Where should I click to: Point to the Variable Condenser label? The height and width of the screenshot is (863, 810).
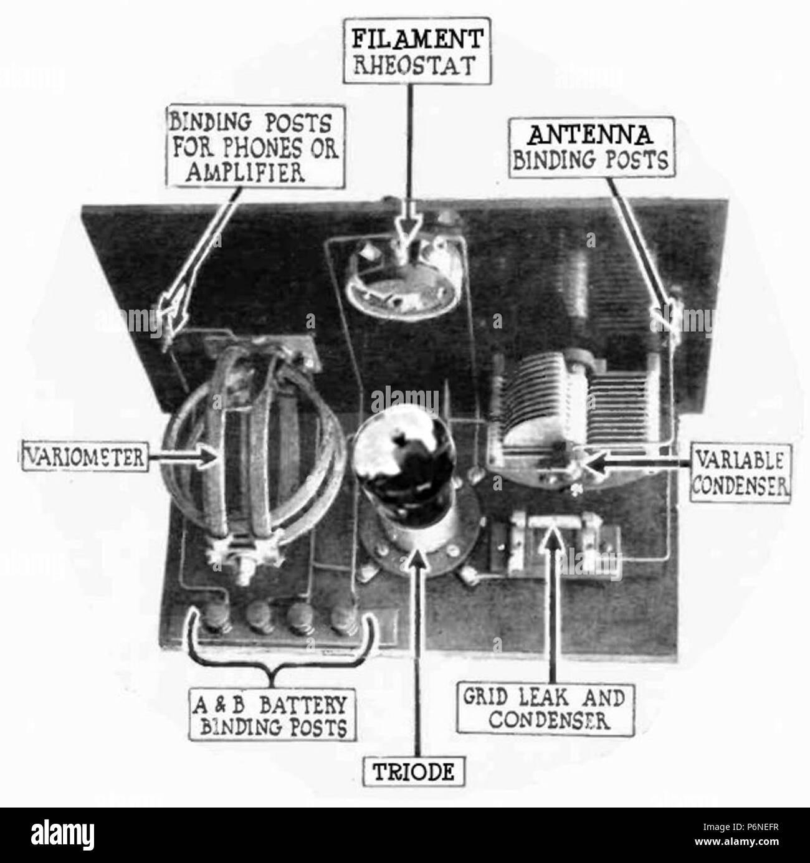(x=740, y=473)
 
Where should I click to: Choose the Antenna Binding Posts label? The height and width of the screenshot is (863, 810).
(x=589, y=148)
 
